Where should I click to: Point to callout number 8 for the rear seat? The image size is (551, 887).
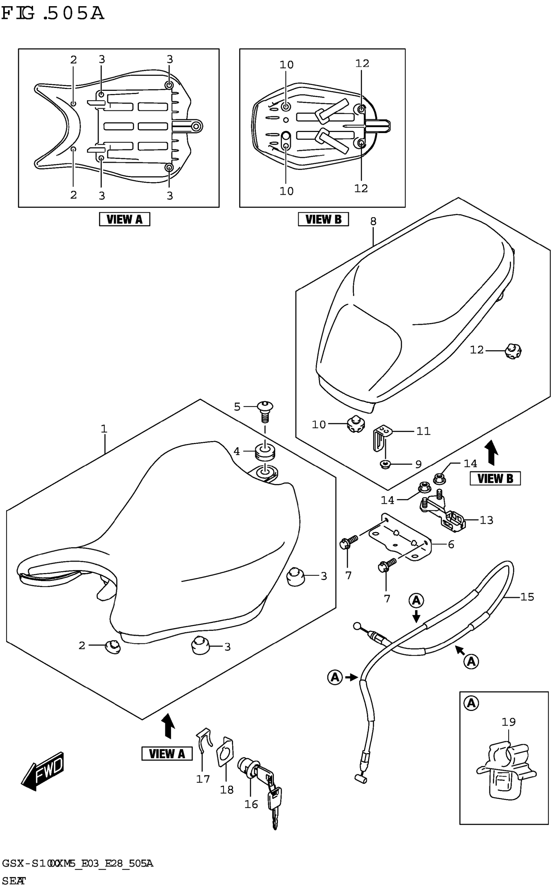(373, 221)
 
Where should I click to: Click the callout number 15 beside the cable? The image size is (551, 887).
(527, 597)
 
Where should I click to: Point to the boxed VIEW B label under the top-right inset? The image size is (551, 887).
(323, 219)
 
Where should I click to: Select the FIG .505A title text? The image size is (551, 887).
(53, 14)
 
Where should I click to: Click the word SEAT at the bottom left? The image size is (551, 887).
(14, 881)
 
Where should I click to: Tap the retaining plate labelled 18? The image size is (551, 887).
(225, 752)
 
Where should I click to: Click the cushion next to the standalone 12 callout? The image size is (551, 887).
(513, 351)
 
